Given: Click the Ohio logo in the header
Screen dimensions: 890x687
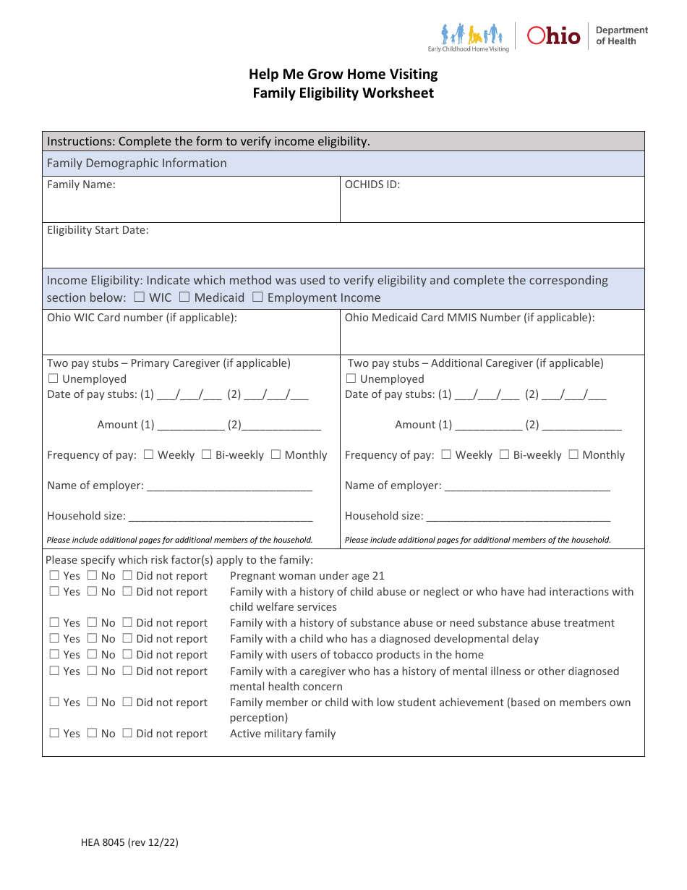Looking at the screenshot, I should coord(553,35).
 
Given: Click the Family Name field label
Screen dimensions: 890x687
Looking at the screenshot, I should coord(81,185).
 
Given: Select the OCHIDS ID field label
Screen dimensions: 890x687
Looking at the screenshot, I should coord(372,185).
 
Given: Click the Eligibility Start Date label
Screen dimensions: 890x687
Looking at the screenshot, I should coord(98,230).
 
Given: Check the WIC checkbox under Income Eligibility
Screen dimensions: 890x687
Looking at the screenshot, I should coord(139,297).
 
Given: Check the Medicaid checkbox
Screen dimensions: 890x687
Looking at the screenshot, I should coord(184,297).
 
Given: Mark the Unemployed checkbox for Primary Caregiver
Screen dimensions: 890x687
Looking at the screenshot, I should coord(54,378).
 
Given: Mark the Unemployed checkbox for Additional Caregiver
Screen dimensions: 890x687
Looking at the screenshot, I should coord(351,378).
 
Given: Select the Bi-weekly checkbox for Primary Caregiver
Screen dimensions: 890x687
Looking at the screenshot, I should coord(207,454).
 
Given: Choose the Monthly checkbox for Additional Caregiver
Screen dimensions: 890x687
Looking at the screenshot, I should coord(573,454).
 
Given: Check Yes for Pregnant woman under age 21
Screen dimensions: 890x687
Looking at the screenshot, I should coord(54,576).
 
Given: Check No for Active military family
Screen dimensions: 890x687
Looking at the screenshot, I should coord(92,733).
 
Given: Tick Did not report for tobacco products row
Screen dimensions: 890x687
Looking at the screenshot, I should coord(127,654).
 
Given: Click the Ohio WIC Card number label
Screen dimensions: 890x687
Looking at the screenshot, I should coord(142,318).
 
